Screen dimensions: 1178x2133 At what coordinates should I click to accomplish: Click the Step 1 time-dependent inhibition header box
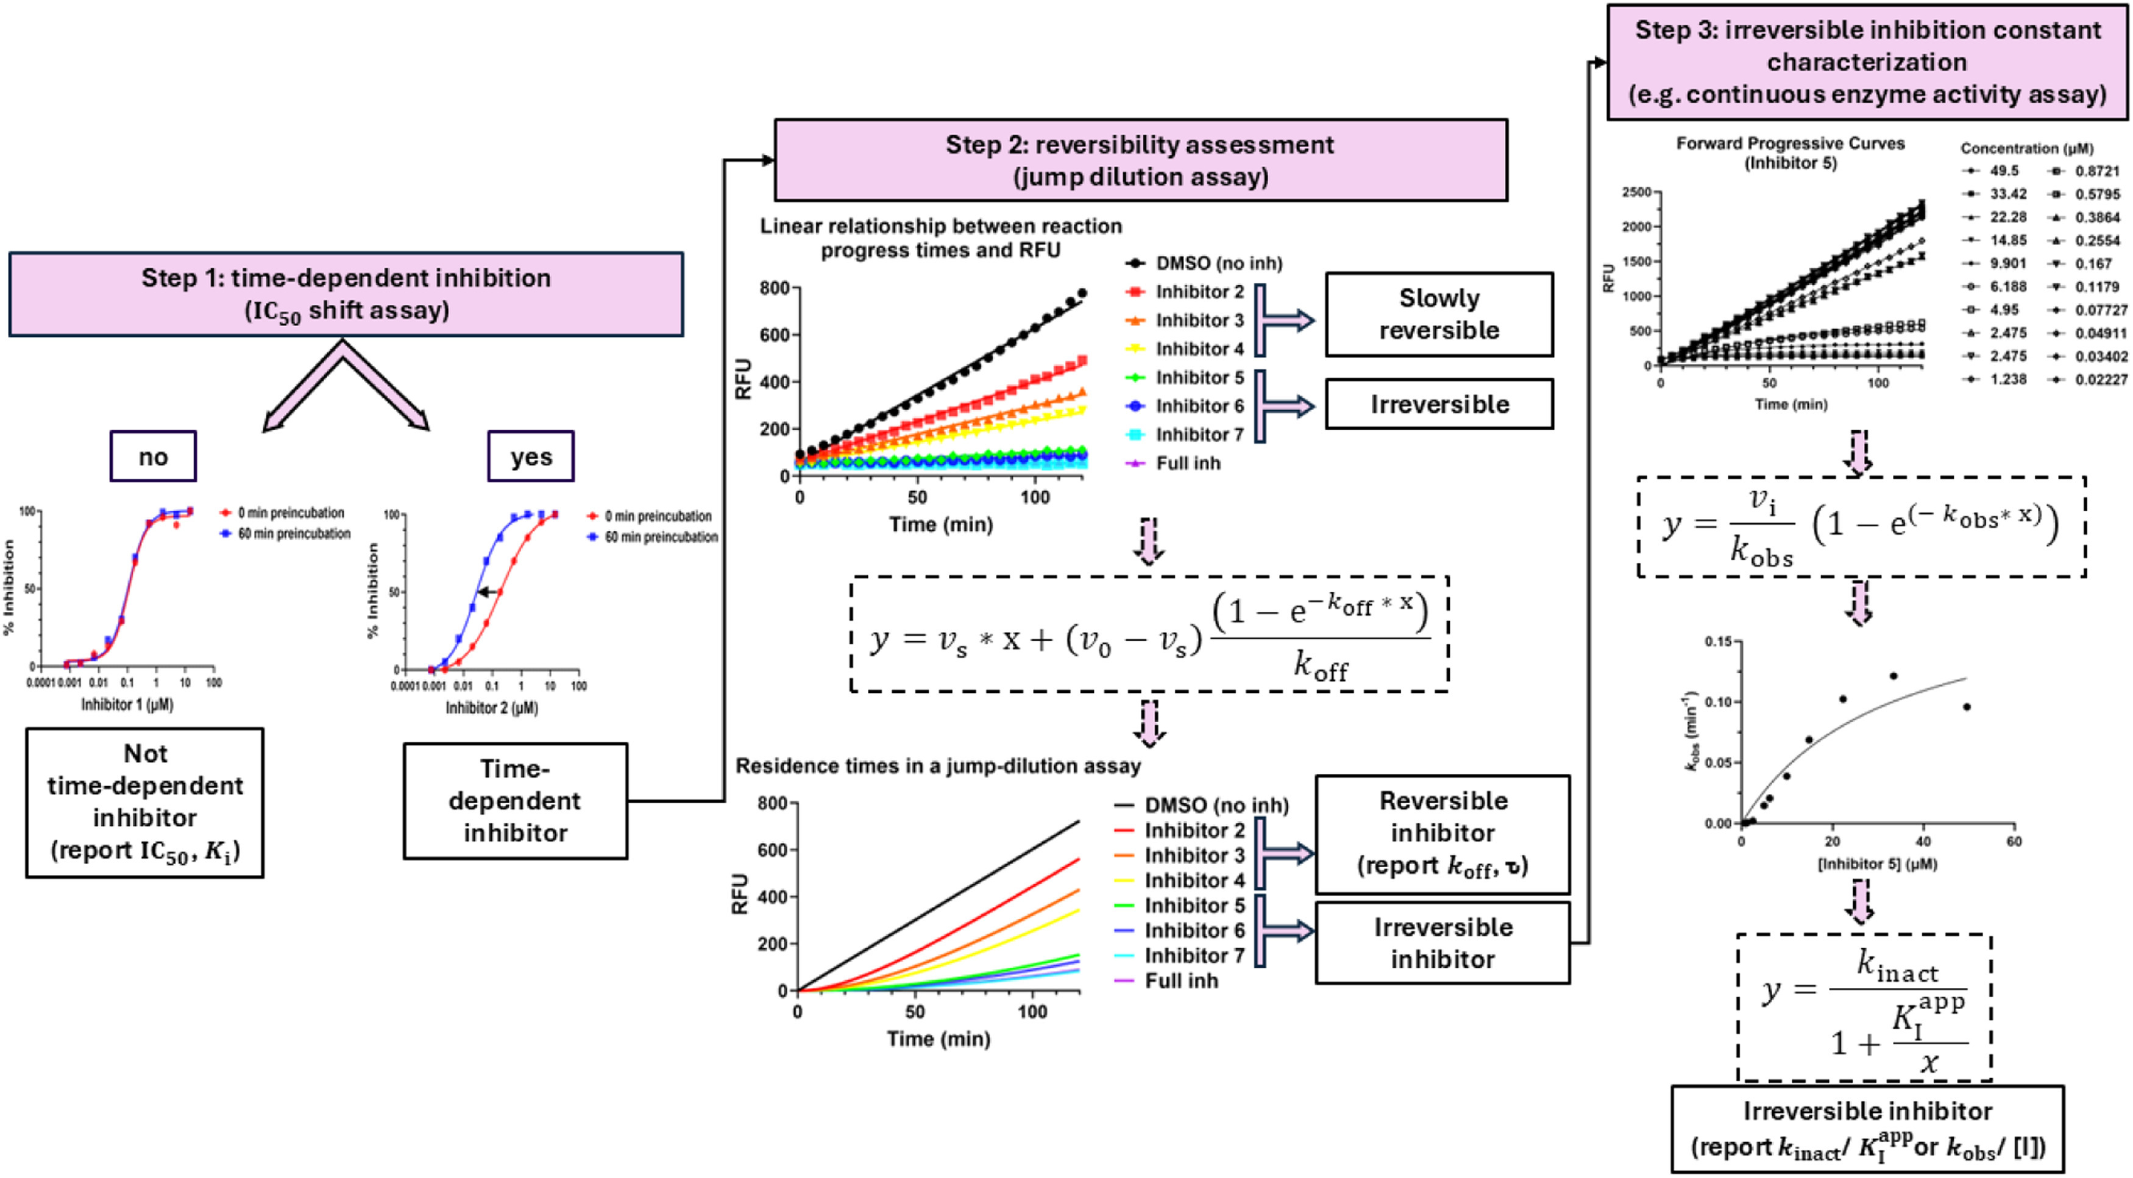click(346, 294)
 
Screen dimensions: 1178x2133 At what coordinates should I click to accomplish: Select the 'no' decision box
click(153, 456)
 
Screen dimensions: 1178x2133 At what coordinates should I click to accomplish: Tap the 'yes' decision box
click(531, 456)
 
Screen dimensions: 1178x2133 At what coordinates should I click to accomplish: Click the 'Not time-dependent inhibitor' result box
click(145, 801)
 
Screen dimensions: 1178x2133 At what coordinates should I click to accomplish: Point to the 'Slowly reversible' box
click(1438, 314)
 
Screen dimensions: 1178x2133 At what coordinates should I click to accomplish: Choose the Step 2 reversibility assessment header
click(1140, 160)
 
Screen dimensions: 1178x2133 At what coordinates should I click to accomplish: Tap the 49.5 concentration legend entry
click(2004, 171)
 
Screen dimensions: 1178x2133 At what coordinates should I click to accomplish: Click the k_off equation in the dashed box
click(1149, 634)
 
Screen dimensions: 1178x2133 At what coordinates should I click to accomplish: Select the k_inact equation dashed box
click(1863, 1007)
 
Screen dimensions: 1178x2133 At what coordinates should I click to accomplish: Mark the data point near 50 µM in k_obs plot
click(1967, 707)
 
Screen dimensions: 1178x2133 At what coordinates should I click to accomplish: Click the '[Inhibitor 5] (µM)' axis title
click(1877, 864)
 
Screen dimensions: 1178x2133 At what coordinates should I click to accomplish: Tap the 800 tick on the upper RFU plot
click(774, 288)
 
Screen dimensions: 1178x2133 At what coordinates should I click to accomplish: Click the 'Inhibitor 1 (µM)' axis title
click(127, 704)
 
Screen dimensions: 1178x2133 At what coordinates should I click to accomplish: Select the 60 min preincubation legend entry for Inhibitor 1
click(294, 534)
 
